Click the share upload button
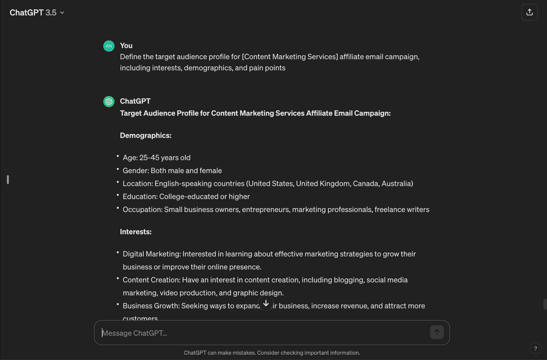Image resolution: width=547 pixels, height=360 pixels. point(529,12)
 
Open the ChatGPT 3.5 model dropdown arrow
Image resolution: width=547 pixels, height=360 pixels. point(62,13)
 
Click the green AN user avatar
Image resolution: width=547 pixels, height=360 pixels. point(109,46)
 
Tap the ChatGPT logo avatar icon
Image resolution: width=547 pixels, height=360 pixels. point(109,102)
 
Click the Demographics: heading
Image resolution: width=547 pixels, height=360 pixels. point(145,135)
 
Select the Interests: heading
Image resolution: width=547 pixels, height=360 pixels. point(136,232)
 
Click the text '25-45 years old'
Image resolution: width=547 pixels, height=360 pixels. point(165,158)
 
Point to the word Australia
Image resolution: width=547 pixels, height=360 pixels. point(395,184)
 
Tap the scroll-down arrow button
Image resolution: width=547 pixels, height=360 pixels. point(266,303)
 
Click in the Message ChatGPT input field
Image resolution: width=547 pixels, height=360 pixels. point(262,333)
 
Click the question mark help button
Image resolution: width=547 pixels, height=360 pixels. point(535,348)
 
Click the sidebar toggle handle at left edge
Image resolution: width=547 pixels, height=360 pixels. point(8,180)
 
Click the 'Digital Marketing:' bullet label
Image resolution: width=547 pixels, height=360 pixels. point(152,254)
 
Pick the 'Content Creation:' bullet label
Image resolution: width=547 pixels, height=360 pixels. point(151,280)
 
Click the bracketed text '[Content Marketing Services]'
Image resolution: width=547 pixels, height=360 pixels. point(290,57)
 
